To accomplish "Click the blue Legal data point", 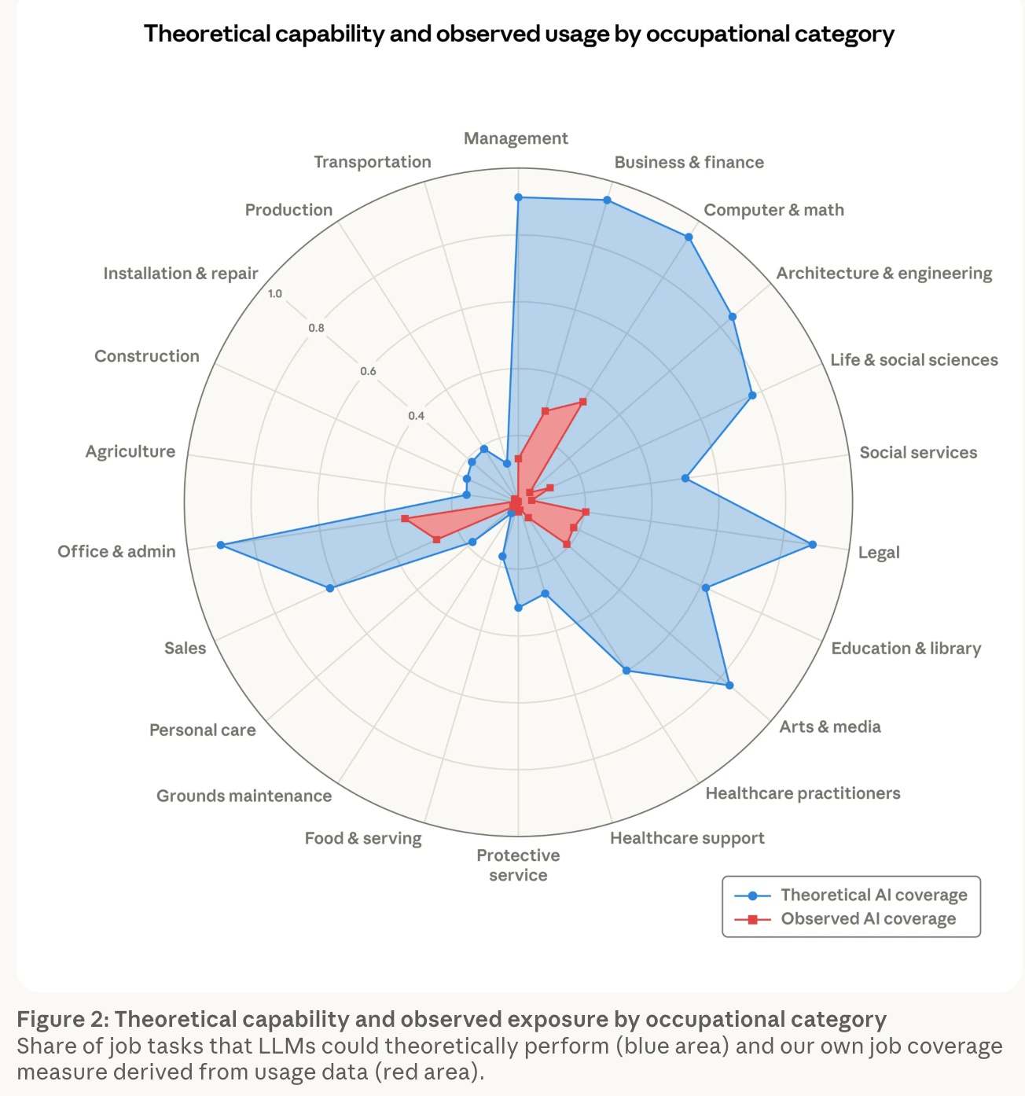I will [x=812, y=544].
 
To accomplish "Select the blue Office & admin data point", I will [x=221, y=545].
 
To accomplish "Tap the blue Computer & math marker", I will [x=689, y=237].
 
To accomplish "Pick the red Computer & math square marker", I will [x=582, y=402].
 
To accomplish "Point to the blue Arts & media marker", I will [x=729, y=686].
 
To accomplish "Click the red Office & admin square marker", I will [x=404, y=518].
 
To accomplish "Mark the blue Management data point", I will [x=518, y=197].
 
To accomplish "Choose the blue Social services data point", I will [x=685, y=478].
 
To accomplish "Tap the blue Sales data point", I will [x=330, y=588].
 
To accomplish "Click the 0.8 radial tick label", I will [x=316, y=328].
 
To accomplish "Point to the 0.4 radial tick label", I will [x=416, y=415].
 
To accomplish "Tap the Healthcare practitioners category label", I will [x=803, y=793].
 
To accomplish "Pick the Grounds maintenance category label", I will [x=244, y=796].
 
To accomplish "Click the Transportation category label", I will [x=373, y=161].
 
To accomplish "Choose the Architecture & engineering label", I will [x=884, y=273].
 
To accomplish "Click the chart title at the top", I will [x=519, y=34].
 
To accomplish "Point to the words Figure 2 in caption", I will [x=61, y=1019].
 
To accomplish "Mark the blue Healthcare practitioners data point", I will [x=626, y=671].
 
